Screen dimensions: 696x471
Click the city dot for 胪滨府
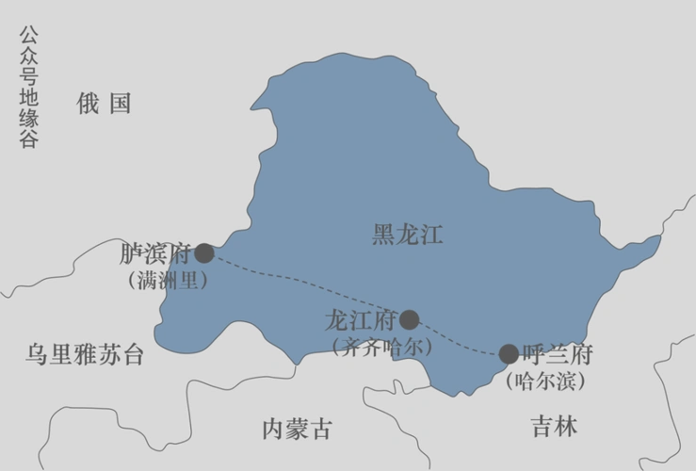tap(204, 253)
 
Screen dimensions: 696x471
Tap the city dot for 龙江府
tap(409, 319)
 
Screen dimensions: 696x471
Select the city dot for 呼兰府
tap(509, 354)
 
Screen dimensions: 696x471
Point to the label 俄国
tap(104, 104)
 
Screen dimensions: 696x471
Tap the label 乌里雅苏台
tap(86, 355)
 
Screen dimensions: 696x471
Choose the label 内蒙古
tap(297, 430)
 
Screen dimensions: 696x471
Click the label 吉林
tap(554, 426)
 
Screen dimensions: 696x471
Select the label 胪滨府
tap(155, 253)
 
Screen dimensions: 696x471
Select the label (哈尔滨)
tap(546, 382)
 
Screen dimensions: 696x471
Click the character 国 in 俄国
tap(120, 104)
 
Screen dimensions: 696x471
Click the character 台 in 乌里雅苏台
tap(134, 355)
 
